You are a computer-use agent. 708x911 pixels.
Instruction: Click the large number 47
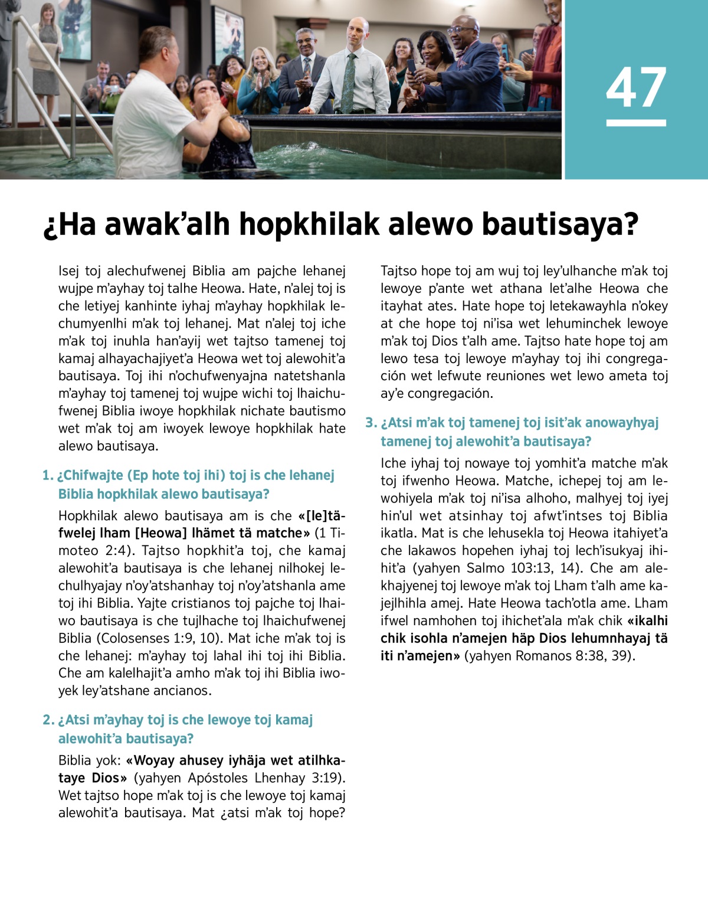pos(636,87)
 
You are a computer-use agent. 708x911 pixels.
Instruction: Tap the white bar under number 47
pos(636,123)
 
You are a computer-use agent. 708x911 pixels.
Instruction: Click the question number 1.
pos(47,476)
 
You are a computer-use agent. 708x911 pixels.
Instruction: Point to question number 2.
pos(48,720)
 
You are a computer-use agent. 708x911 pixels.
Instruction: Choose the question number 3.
pos(371,423)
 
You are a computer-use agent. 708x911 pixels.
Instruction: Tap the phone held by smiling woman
pos(411,66)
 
